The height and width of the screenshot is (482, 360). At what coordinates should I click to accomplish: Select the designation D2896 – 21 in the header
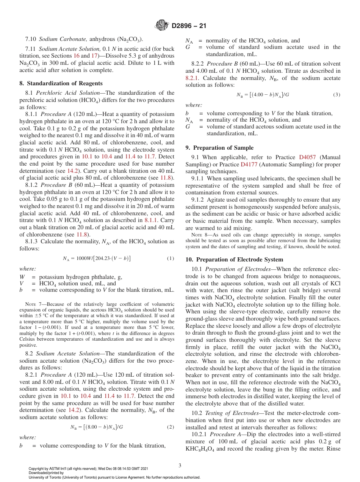(x=188, y=26)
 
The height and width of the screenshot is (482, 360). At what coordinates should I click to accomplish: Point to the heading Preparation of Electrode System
(x=234, y=260)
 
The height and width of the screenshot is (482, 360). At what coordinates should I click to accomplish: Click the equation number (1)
(x=171, y=258)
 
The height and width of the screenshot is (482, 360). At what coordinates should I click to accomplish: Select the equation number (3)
(x=337, y=94)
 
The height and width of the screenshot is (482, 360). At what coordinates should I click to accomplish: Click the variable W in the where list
(x=22, y=277)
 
